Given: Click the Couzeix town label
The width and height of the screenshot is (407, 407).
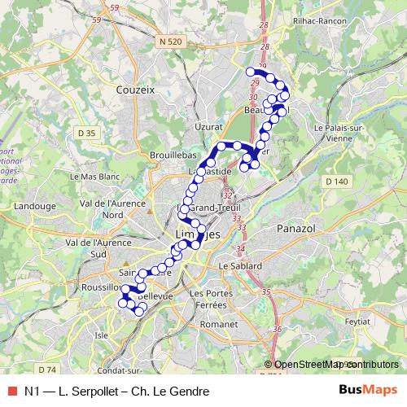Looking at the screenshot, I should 135,90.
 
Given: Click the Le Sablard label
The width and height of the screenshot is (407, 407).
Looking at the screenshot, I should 239,266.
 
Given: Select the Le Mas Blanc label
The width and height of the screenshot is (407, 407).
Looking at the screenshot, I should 94,176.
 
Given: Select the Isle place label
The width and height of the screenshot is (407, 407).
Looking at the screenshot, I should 102,334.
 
